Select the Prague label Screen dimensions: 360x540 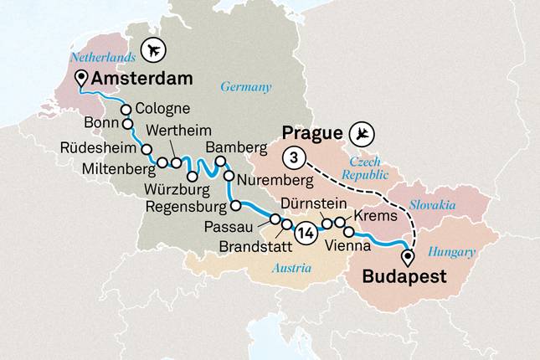click(311, 133)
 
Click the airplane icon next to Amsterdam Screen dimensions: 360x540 click(153, 50)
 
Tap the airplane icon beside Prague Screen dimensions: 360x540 click(362, 133)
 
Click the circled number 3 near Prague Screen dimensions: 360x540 click(293, 157)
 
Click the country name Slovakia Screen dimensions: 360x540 click(432, 204)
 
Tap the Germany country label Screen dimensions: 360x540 click(246, 86)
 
